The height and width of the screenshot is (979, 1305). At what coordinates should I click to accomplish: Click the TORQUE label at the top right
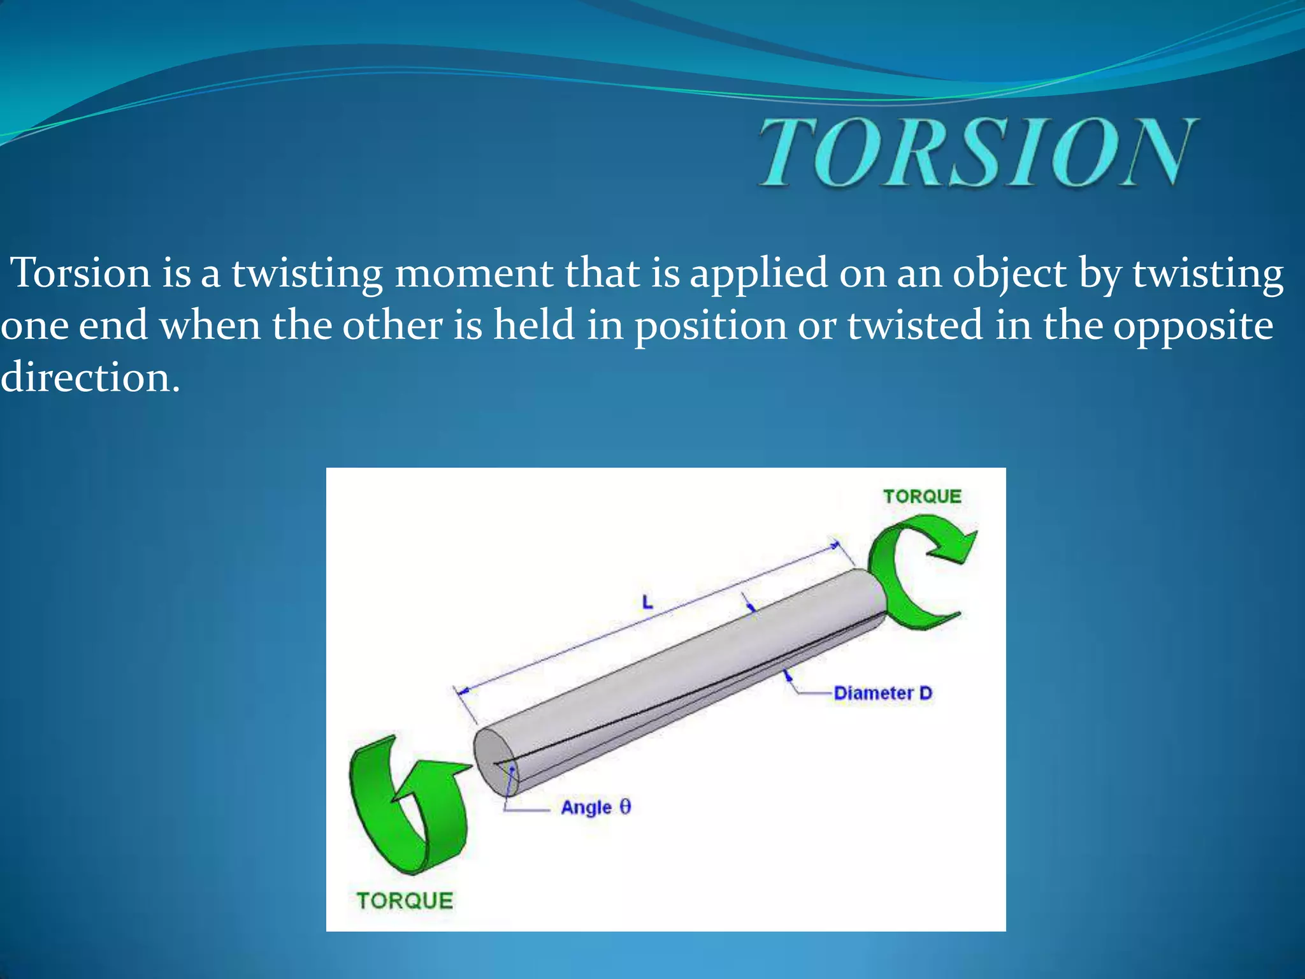[x=921, y=497]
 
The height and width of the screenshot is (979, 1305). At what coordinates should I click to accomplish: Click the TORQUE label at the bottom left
[x=405, y=901]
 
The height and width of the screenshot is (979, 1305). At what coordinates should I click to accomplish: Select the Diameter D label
[x=883, y=693]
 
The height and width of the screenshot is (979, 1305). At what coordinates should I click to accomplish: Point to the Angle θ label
[x=596, y=808]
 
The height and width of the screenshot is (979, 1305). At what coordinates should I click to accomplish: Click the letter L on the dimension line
[x=647, y=602]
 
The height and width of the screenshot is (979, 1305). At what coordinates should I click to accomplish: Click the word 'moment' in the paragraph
[x=473, y=273]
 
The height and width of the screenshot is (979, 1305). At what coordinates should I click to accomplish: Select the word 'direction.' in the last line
[x=90, y=377]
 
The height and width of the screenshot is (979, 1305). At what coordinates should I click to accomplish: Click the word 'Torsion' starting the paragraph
[x=82, y=273]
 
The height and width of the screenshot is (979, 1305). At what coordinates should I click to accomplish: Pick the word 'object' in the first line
[x=1009, y=275]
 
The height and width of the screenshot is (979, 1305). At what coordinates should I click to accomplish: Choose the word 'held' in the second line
[x=534, y=325]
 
